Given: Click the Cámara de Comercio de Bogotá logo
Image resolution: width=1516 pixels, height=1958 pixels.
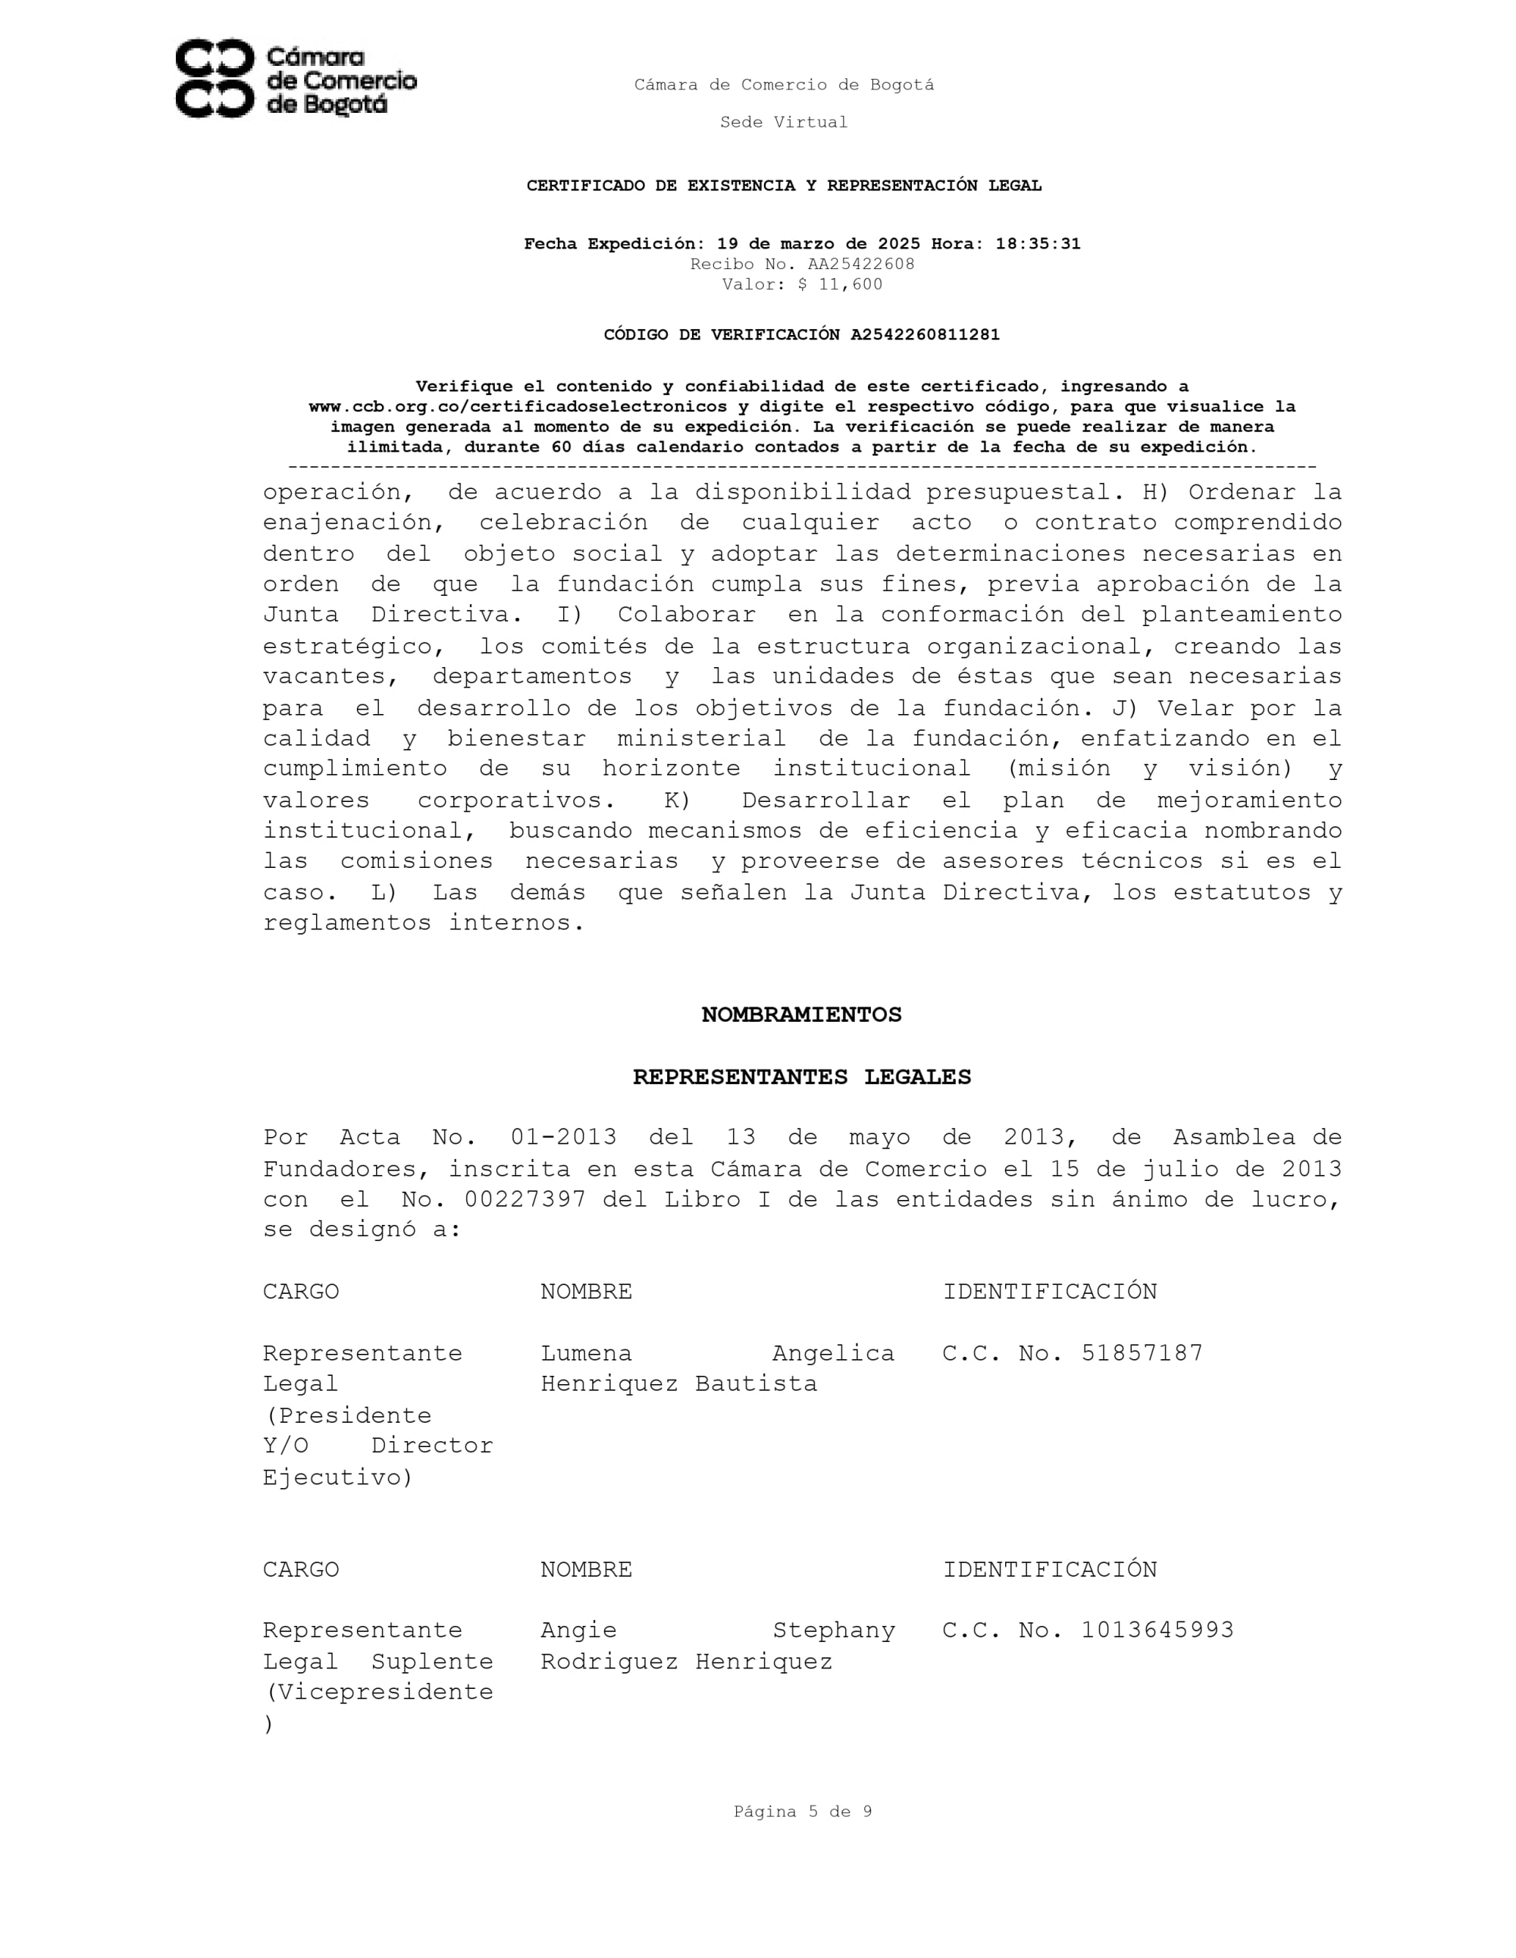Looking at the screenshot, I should [295, 79].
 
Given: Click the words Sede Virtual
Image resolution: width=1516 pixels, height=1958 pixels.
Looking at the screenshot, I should [784, 122].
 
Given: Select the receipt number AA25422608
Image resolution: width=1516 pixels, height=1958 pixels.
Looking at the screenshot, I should [860, 265].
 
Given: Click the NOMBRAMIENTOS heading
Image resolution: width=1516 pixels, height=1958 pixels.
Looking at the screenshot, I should [800, 1014].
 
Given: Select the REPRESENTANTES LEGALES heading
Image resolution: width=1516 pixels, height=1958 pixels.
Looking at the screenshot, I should [801, 1076].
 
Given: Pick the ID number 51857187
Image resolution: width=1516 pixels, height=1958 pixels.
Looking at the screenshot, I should [1142, 1353].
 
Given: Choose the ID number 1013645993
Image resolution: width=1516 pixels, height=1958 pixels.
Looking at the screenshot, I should [1157, 1630].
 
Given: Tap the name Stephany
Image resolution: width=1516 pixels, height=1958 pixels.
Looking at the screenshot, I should [833, 1630].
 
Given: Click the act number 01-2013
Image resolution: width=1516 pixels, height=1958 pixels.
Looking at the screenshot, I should [563, 1137].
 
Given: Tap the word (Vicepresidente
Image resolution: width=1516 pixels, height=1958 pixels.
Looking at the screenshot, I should [377, 1692].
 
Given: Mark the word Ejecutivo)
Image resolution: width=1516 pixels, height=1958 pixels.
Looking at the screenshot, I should [337, 1477].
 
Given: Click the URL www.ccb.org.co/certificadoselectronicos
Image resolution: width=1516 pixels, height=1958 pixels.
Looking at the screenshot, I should [517, 407].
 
